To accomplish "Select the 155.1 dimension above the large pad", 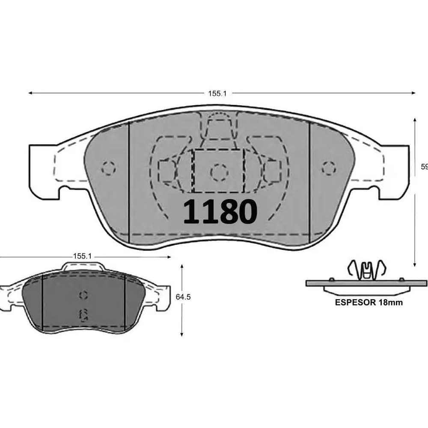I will tap(217, 93).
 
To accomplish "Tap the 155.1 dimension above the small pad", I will tap(82, 256).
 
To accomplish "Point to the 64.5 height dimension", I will tap(183, 297).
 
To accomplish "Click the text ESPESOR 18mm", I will tap(369, 302).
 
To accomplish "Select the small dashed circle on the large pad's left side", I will tap(109, 168).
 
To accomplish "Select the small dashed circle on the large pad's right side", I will tap(329, 168).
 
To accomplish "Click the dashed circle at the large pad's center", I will tap(219, 172).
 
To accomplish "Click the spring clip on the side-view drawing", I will tap(366, 270).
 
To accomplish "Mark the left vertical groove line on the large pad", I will tap(129, 180).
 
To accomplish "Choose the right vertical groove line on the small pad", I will tap(124, 302).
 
